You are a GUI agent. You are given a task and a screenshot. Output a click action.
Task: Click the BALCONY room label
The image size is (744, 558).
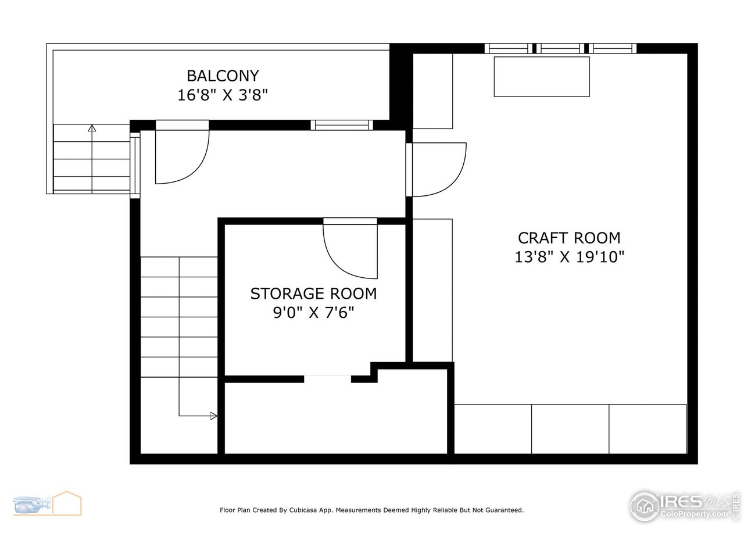click(222, 76)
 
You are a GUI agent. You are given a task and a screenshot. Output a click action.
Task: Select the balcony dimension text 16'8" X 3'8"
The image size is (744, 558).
click(222, 95)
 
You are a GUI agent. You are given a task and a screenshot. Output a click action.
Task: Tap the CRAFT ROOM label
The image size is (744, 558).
click(569, 238)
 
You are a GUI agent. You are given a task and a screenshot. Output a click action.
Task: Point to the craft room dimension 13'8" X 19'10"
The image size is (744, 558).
click(569, 257)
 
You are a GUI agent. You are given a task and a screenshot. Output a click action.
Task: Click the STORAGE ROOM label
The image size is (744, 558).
click(313, 294)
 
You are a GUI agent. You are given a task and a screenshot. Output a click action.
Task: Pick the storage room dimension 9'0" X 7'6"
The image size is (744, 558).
click(313, 313)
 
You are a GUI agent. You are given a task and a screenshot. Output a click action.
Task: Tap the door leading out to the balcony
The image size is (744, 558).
click(181, 154)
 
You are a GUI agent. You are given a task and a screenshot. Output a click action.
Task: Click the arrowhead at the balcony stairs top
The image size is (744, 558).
click(92, 128)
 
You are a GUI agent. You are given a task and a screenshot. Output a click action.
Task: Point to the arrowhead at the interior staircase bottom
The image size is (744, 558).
click(213, 416)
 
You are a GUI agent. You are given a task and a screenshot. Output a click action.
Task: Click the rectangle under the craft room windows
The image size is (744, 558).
click(542, 76)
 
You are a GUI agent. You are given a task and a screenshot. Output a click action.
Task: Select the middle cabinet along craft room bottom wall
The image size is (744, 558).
click(570, 429)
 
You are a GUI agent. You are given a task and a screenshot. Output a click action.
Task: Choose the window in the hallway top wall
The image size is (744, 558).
click(342, 124)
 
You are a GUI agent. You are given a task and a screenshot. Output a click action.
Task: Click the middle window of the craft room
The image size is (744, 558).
click(560, 48)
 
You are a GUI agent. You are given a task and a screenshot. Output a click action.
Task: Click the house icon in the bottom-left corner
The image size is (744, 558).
click(66, 503)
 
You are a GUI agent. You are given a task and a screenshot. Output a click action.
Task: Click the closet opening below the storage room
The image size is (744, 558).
click(328, 378)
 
